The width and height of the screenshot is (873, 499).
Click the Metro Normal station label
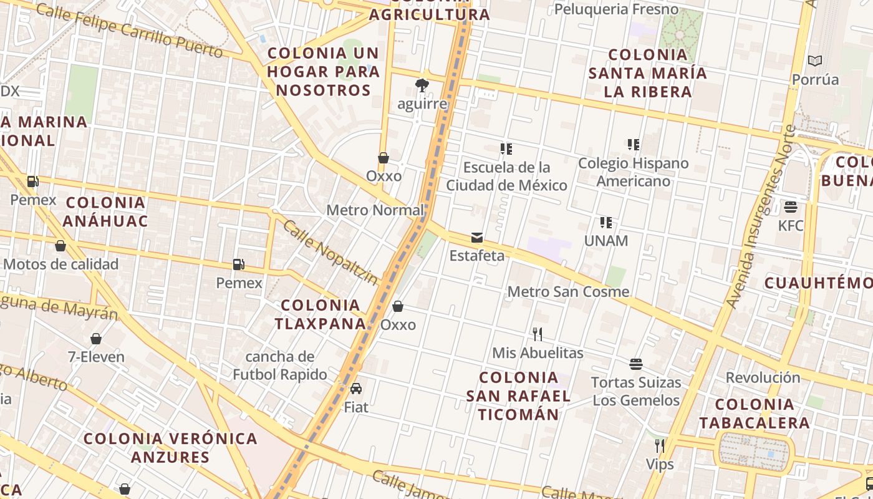click(375, 210)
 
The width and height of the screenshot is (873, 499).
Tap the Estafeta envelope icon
click(477, 237)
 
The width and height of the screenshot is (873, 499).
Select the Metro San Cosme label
click(568, 292)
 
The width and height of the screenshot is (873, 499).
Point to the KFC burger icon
click(791, 206)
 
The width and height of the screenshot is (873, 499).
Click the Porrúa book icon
click(815, 61)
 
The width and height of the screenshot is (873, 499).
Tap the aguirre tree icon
click(422, 85)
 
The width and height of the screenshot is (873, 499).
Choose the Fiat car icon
click(356, 389)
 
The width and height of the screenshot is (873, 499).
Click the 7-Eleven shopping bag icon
click(96, 339)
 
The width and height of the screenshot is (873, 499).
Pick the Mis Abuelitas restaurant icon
click(538, 334)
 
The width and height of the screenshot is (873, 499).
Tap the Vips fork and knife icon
click(660, 445)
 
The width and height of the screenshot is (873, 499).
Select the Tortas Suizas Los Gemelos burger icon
click(636, 364)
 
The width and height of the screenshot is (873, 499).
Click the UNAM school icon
click(605, 222)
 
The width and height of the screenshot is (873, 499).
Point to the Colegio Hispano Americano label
click(633, 172)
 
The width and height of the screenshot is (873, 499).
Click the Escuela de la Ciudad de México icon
click(506, 149)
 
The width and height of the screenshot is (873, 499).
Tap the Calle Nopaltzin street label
click(330, 253)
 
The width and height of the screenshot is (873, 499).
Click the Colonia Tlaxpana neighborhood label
click(321, 314)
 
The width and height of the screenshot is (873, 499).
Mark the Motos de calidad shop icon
click(60, 246)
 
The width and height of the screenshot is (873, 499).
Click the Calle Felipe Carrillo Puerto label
click(129, 30)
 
